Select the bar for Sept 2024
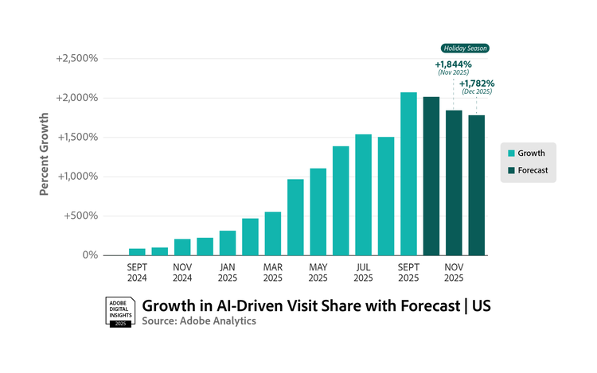pos(137,251)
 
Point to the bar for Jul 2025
pos(363,195)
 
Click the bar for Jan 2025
pos(228,243)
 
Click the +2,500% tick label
pos(76,59)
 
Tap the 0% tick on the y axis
pos(88,255)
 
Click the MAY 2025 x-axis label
pos(318,272)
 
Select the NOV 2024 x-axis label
pos(182,272)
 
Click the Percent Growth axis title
pos(45,156)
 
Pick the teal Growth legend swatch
pos(511,153)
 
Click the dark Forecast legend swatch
pos(511,170)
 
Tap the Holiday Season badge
pos(465,49)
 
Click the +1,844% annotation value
pos(453,64)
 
